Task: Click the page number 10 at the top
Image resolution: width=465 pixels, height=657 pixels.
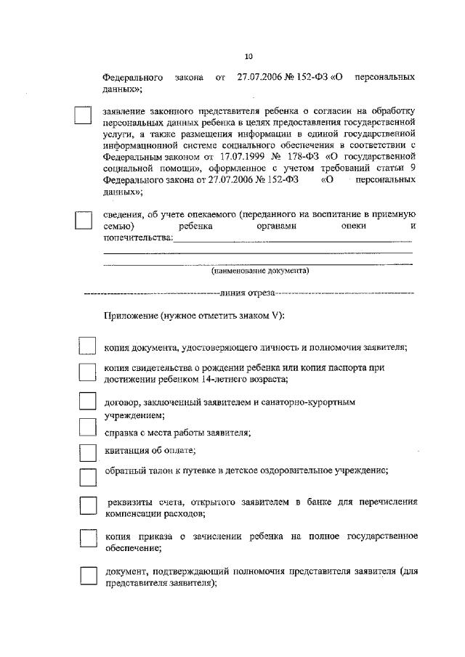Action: (x=248, y=54)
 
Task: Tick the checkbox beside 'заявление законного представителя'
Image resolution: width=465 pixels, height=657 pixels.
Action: (x=84, y=117)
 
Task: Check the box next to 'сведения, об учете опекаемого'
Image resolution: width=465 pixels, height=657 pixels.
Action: (x=84, y=219)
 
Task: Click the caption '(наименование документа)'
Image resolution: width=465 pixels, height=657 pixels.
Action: (x=260, y=271)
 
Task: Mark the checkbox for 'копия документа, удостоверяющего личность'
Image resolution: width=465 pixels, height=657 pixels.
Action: (x=86, y=346)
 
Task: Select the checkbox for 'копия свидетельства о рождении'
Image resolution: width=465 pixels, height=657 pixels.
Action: (x=86, y=373)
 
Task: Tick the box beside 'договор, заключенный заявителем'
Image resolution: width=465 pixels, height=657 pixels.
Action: (x=86, y=401)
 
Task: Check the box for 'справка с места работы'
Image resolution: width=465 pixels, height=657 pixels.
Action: (x=86, y=428)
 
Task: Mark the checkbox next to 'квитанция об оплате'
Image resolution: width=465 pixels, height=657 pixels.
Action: (x=86, y=452)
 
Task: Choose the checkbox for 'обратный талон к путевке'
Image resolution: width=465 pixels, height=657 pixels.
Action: (x=86, y=476)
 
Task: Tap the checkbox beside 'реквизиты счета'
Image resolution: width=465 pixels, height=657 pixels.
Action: (x=86, y=506)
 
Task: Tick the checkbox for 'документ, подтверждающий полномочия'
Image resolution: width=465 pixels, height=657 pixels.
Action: (x=86, y=576)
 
